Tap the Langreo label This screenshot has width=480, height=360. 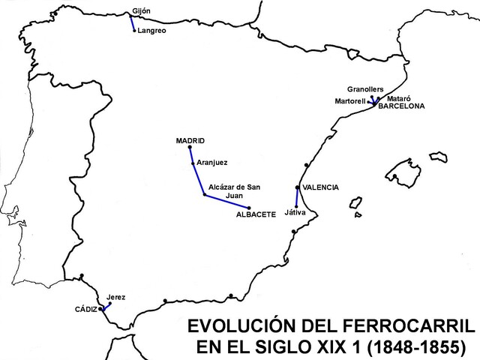(x=151, y=31)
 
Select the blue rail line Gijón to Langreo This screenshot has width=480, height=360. (x=131, y=21)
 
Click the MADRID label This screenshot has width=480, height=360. (x=190, y=140)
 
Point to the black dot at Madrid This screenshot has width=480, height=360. (x=190, y=148)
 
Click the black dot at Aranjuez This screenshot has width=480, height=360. (x=193, y=163)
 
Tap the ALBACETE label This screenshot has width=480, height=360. (x=256, y=215)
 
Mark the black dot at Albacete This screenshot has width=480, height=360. (x=249, y=208)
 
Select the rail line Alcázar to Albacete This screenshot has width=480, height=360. (x=226, y=201)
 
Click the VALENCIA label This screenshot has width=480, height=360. (x=320, y=187)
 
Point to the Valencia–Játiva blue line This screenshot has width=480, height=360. (x=298, y=196)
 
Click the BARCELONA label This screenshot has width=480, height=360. (x=400, y=106)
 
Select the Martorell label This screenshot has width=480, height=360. (x=349, y=100)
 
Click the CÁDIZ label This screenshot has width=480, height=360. (x=85, y=309)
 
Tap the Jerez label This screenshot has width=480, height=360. (x=116, y=297)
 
